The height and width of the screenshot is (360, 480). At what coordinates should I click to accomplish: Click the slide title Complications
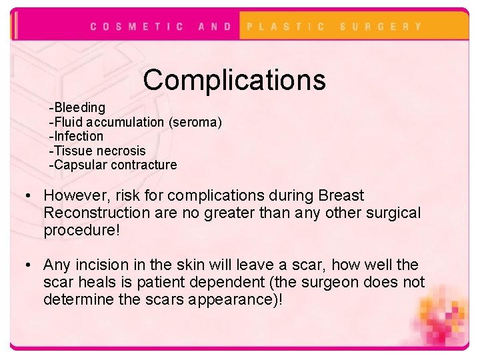[234, 80]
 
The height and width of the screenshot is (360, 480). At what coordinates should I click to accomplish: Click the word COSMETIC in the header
[137, 27]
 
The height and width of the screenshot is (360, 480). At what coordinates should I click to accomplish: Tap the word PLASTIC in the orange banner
[286, 27]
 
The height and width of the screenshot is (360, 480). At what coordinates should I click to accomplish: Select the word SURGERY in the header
[381, 27]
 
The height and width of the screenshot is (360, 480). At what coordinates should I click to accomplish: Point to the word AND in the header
[215, 27]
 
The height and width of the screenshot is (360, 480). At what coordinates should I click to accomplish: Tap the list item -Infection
[77, 136]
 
